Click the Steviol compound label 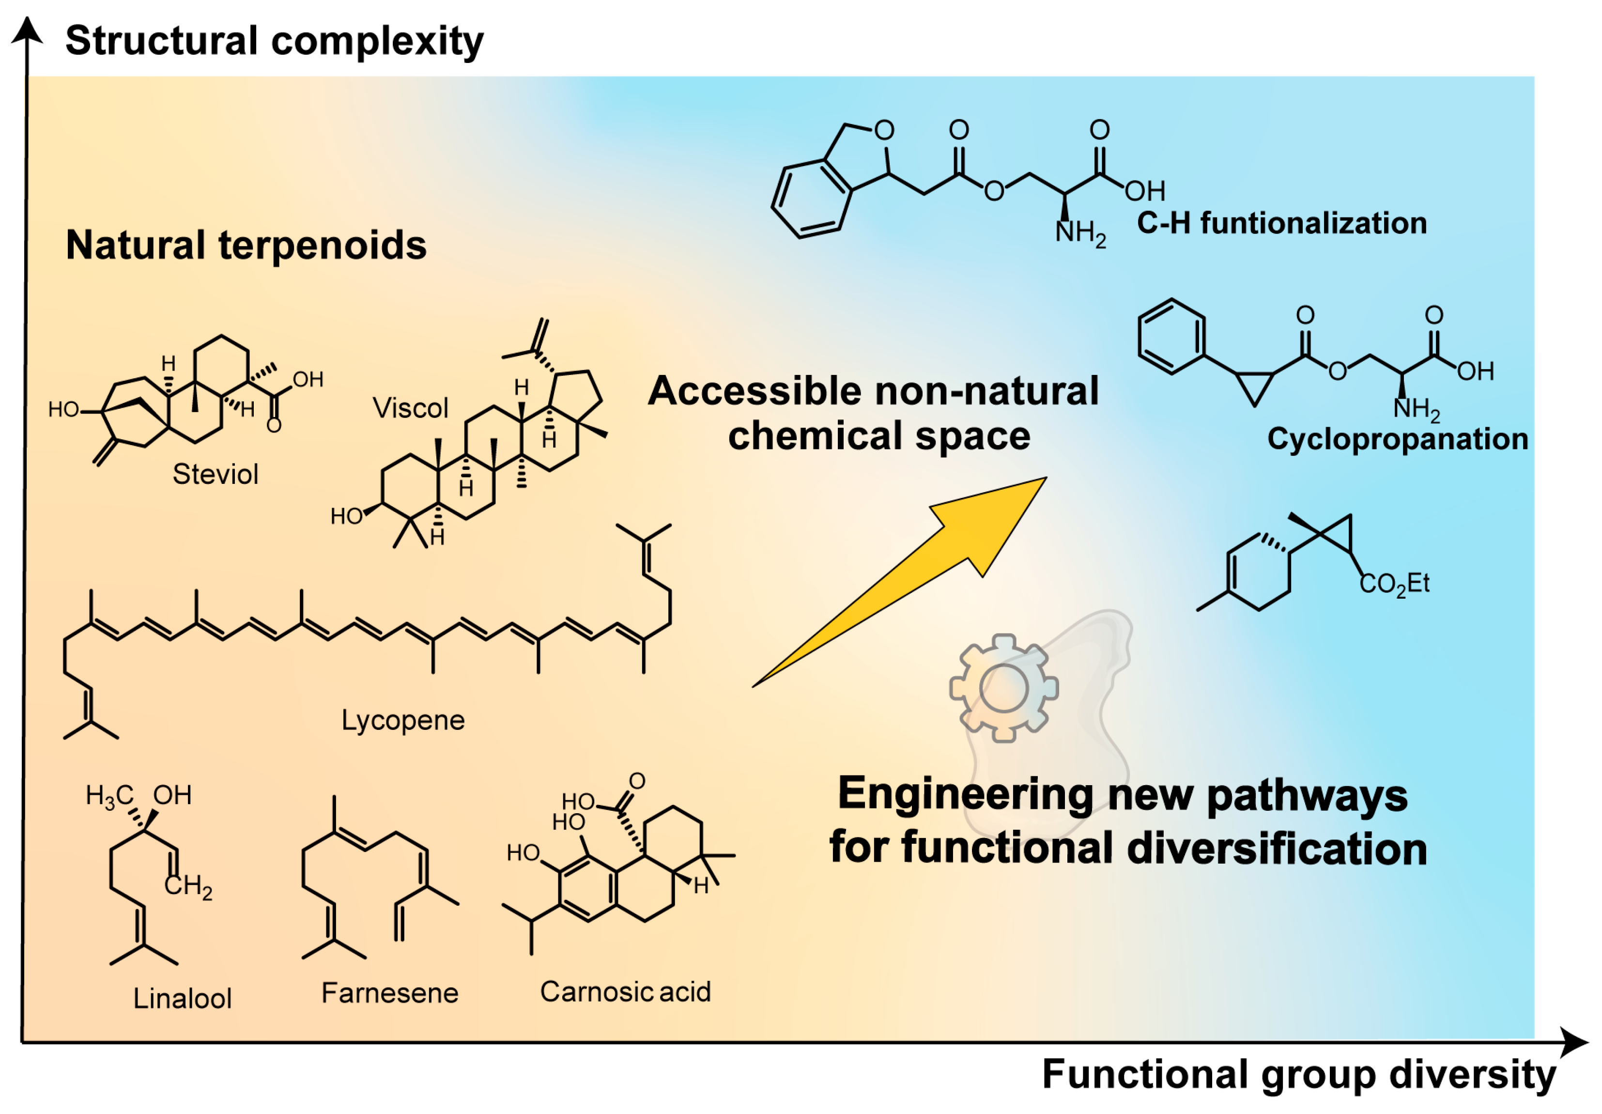click(216, 475)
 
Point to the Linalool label click(182, 998)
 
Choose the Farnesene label click(389, 992)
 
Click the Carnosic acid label click(625, 991)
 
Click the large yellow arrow click(907, 579)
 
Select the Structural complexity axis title click(274, 41)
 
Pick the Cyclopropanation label click(1398, 439)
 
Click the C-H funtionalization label click(1282, 223)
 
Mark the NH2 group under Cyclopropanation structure click(1417, 409)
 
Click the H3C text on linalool click(109, 796)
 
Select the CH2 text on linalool click(188, 886)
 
